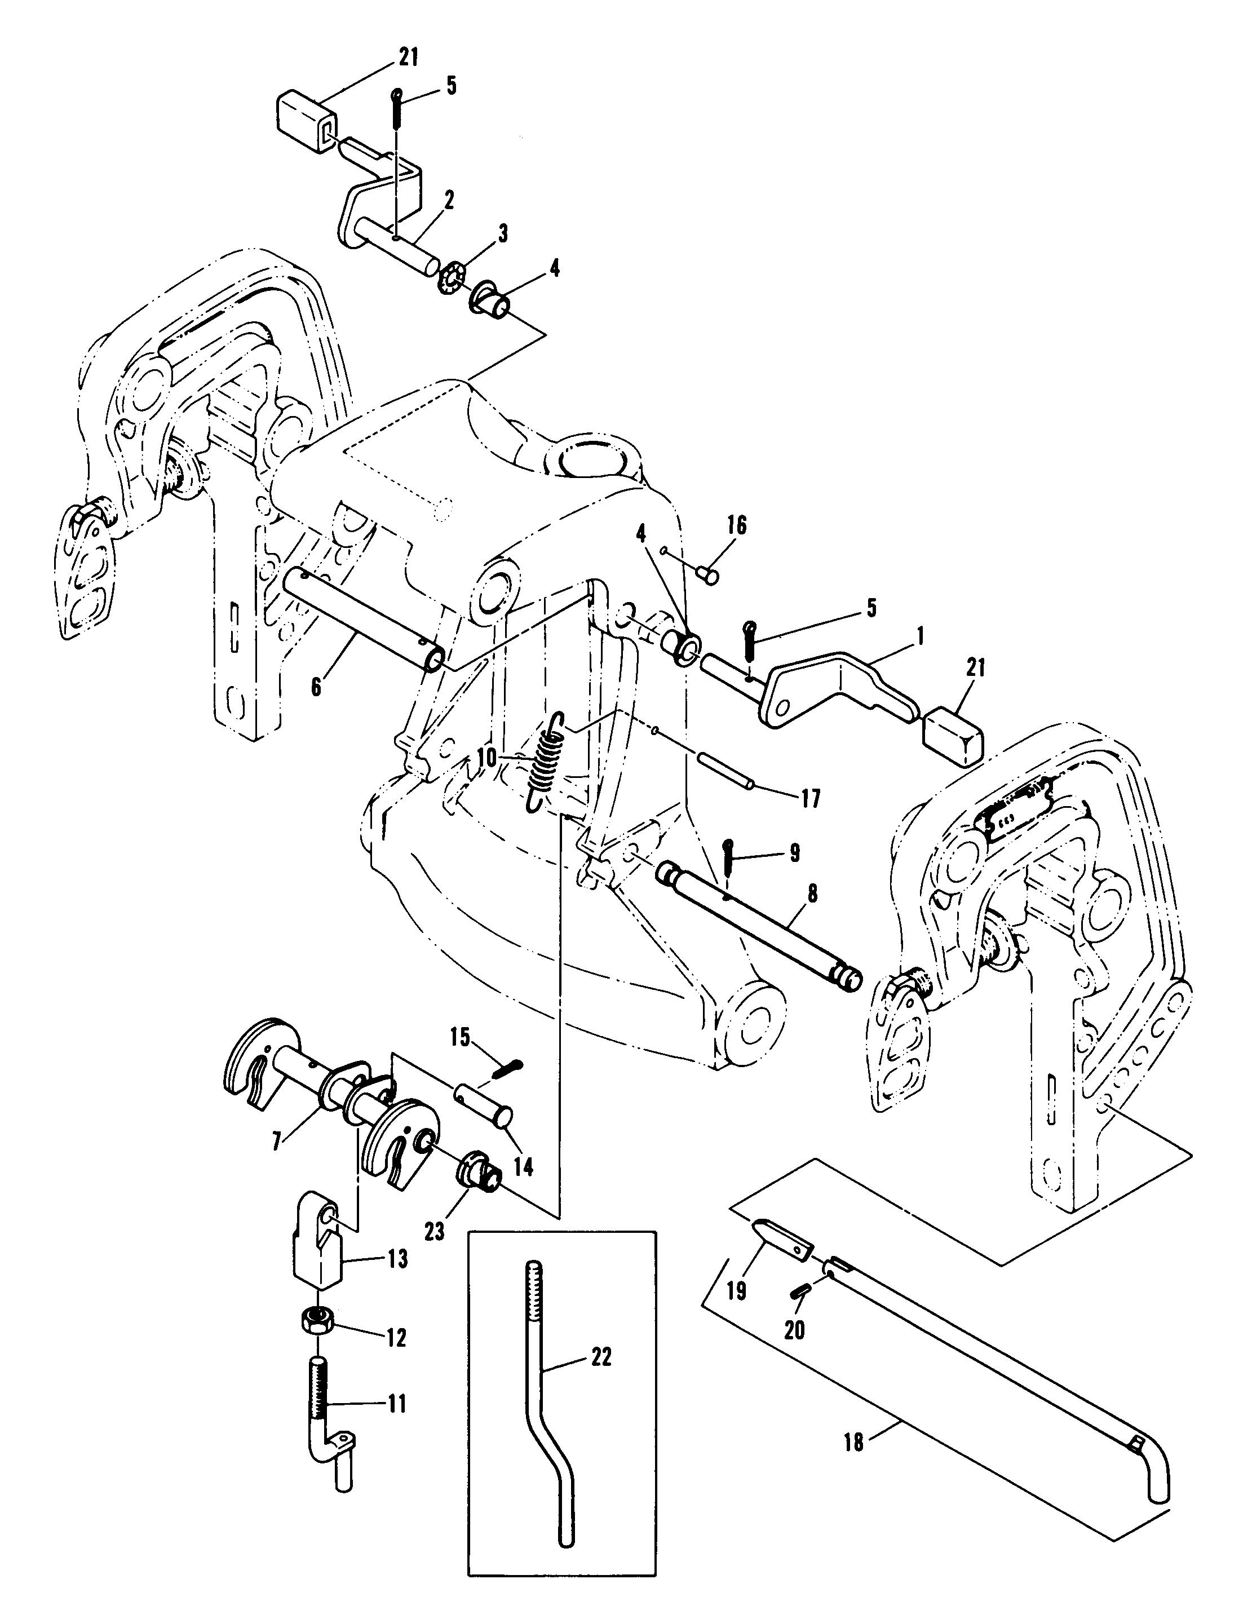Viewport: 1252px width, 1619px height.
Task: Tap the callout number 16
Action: pyautogui.click(x=737, y=525)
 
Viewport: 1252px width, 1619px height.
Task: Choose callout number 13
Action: pyautogui.click(x=398, y=1258)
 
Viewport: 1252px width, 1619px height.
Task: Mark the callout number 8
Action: pyautogui.click(x=812, y=894)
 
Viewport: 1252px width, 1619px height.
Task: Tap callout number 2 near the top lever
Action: pyautogui.click(x=450, y=200)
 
